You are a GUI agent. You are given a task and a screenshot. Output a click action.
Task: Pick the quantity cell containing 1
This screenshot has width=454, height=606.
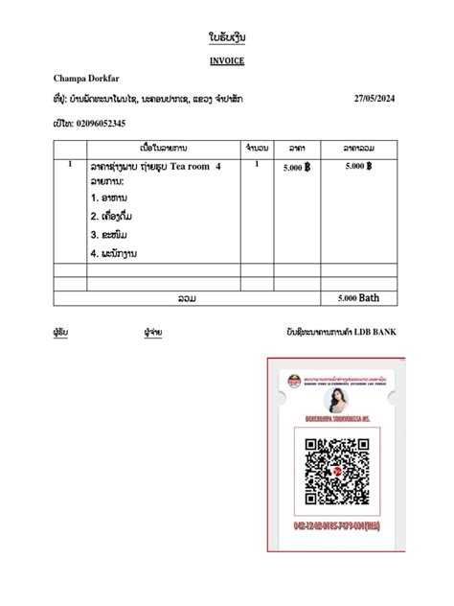[257, 165]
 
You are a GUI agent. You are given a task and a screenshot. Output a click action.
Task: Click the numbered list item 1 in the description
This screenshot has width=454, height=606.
[113, 198]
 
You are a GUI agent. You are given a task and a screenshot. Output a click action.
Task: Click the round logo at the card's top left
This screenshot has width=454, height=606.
[285, 382]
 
